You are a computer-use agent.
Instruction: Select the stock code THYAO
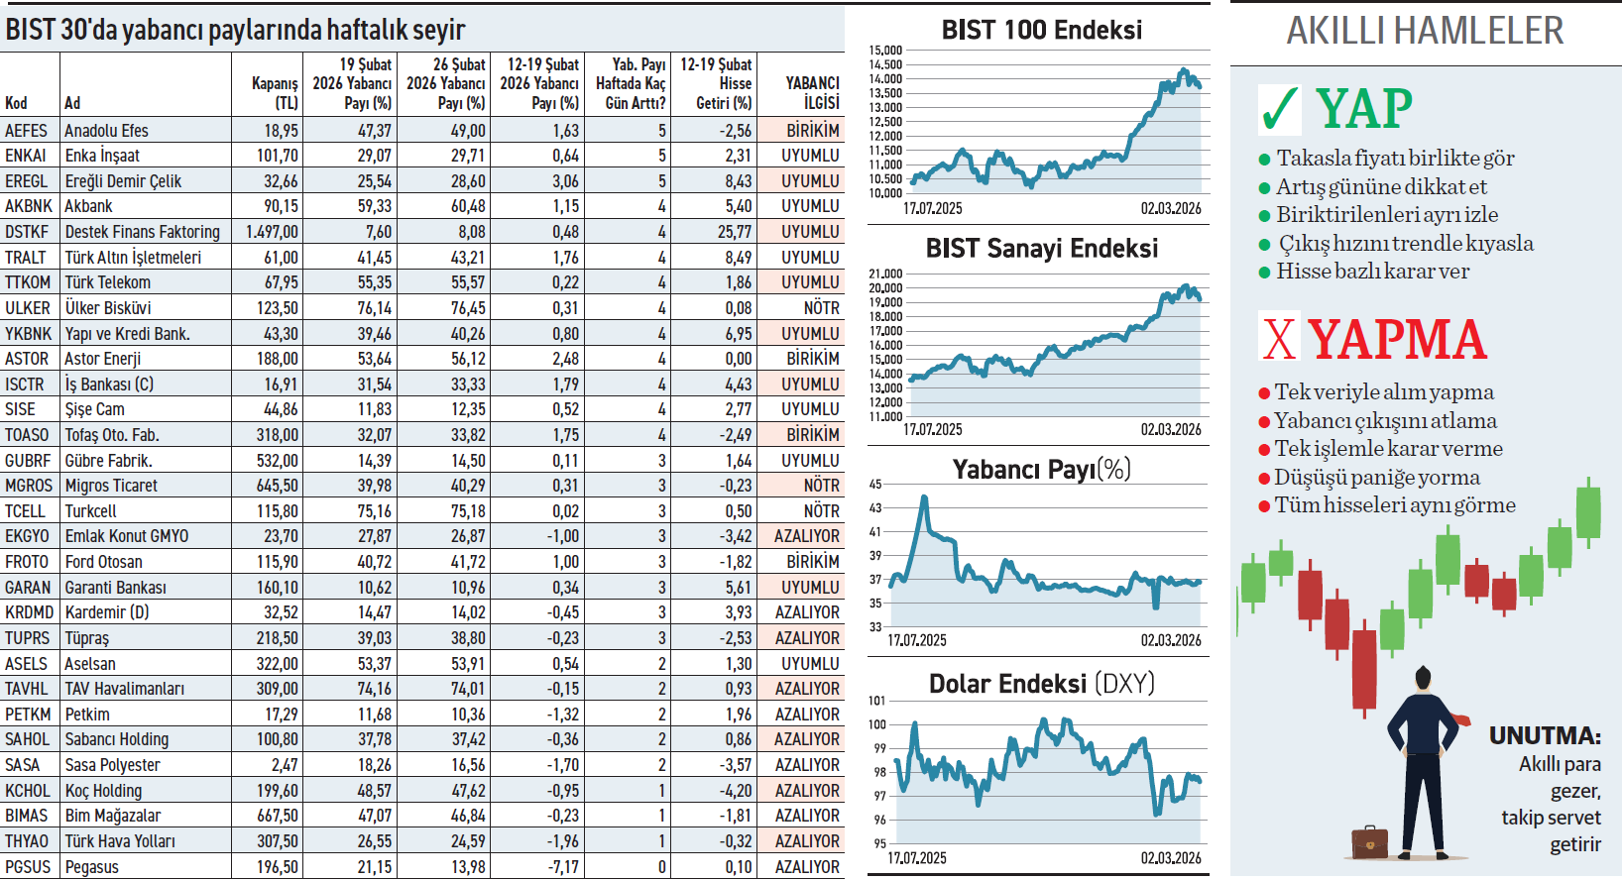(27, 841)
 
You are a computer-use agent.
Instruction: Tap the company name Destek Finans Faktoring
(143, 232)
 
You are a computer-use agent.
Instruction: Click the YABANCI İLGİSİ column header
(812, 92)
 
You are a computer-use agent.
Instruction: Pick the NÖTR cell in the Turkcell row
(821, 511)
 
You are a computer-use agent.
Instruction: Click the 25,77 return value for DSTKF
(735, 232)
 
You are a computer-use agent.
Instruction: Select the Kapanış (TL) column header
(275, 92)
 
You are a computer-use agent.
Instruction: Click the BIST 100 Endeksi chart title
(1041, 31)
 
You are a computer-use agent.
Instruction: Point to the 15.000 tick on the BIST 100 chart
(885, 51)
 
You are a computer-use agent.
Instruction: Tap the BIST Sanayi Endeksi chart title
(1041, 249)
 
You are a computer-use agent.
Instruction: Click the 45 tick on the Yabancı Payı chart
(875, 485)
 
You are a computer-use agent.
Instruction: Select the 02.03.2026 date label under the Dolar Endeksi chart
(1170, 858)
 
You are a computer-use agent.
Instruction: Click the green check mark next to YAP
(1279, 109)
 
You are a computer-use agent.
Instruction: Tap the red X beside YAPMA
(1279, 338)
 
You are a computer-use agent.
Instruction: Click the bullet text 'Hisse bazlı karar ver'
(1372, 272)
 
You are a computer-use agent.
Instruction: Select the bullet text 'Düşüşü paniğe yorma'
(1376, 478)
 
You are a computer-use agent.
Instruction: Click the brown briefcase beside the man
(1370, 841)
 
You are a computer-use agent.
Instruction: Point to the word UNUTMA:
(1545, 736)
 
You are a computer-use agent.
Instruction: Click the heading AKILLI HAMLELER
(1425, 32)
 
